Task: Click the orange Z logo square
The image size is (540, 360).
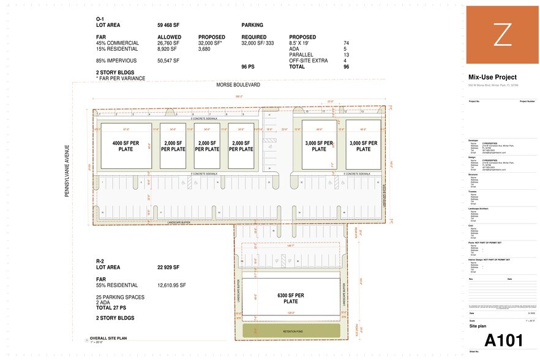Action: coord(502,35)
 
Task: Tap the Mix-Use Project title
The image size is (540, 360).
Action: coord(492,77)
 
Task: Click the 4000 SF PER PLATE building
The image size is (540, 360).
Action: coord(126,145)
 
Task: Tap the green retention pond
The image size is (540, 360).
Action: coord(291,331)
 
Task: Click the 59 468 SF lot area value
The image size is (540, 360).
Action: coord(172,25)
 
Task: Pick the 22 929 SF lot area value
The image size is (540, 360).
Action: coord(172,267)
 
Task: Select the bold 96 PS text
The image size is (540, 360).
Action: coord(248,66)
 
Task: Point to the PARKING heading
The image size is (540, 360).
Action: coord(252,25)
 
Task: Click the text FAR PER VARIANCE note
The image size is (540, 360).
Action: coord(122,78)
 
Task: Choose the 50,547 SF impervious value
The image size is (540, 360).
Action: coord(168,61)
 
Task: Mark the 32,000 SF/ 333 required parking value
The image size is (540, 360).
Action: coord(257,43)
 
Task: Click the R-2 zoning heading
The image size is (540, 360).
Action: coord(100,261)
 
